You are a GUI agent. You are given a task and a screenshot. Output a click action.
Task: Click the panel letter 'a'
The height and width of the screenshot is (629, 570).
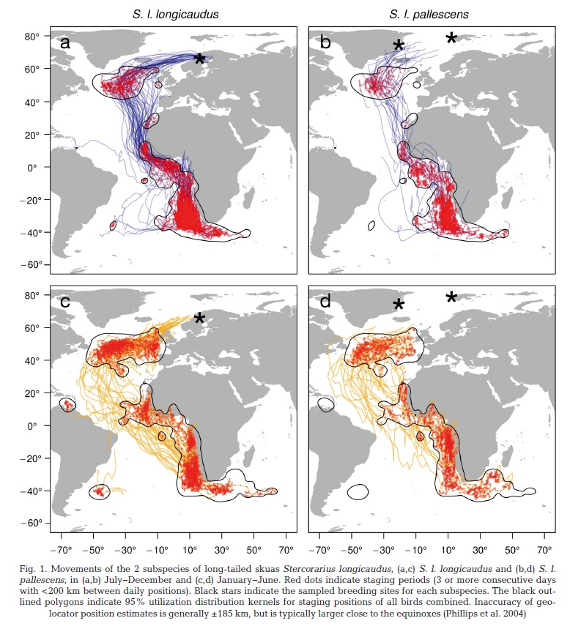65,42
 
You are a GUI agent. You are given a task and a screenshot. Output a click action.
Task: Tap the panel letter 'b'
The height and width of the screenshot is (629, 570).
325,41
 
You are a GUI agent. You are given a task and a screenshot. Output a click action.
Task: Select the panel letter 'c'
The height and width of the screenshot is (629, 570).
65,302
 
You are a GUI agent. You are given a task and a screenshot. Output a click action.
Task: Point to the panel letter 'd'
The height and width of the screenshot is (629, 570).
325,300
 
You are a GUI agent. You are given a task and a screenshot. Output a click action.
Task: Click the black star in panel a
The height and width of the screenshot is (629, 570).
199,59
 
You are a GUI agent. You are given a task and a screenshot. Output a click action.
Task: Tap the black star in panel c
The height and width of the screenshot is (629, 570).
199,319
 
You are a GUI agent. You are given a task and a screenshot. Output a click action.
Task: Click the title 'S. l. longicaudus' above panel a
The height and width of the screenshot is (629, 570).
176,15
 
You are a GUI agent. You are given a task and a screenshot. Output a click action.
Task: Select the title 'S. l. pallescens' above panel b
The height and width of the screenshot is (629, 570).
429,15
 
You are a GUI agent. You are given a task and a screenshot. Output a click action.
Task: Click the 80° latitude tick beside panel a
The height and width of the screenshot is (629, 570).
32,37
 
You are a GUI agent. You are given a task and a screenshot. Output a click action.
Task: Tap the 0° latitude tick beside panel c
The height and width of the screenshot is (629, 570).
34,426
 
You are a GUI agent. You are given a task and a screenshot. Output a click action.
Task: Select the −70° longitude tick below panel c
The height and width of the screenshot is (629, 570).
61,550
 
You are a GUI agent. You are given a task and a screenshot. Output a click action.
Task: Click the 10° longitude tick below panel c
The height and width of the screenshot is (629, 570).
190,550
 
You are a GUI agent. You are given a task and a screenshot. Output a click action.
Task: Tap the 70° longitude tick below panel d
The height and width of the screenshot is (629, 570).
544,550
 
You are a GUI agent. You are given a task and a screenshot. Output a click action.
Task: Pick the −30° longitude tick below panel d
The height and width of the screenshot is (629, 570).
383,550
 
